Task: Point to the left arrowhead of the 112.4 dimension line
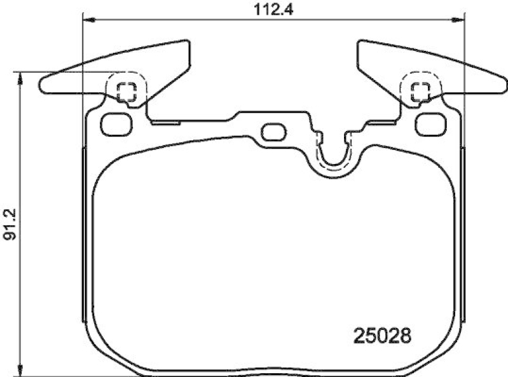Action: pos(89,20)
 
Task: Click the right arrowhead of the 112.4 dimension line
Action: pos(458,20)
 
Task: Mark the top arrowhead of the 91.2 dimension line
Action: pos(21,78)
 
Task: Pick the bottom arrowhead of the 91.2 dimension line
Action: pos(21,368)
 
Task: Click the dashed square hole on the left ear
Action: pos(127,92)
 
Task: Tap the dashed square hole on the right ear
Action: pos(420,92)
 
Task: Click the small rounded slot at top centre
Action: pos(274,132)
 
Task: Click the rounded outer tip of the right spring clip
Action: pos(502,85)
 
